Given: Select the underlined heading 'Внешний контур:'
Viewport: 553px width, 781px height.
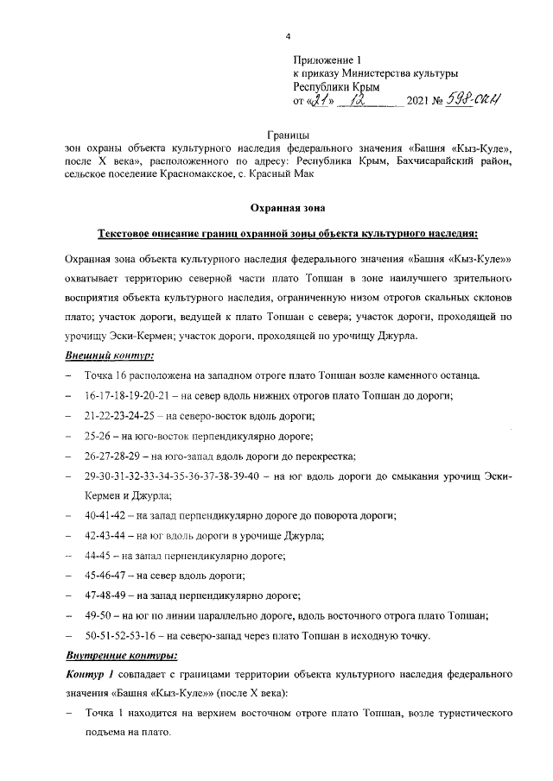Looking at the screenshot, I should click(x=110, y=356).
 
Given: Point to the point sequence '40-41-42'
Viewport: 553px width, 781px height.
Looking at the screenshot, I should click(x=105, y=515).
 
